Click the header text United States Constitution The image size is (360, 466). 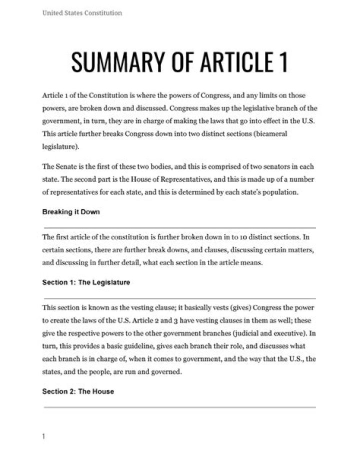pyautogui.click(x=82, y=13)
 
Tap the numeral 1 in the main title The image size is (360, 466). pyautogui.click(x=282, y=61)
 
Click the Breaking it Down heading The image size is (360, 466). pyautogui.click(x=71, y=212)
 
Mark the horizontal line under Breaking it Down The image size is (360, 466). pyautogui.click(x=180, y=228)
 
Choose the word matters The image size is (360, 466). pyautogui.click(x=301, y=250)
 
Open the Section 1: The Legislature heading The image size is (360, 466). pyautogui.click(x=86, y=282)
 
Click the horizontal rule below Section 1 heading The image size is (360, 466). pyautogui.click(x=180, y=298)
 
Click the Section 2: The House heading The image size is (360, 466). pyautogui.click(x=78, y=391)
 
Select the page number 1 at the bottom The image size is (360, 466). pyautogui.click(x=44, y=436)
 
